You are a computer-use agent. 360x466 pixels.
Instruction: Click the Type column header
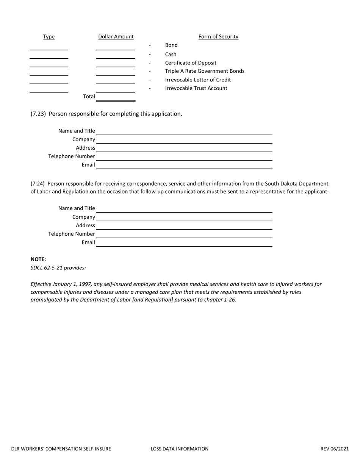tap(49, 37)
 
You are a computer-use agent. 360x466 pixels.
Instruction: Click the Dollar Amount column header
tap(116, 37)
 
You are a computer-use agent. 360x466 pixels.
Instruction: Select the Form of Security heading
tap(218, 37)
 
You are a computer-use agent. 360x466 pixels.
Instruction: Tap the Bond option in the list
tap(171, 45)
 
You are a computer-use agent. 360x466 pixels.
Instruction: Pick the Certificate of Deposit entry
tap(191, 63)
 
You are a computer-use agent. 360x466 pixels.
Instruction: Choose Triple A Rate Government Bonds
tap(205, 71)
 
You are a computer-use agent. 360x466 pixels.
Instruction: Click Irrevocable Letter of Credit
tap(198, 80)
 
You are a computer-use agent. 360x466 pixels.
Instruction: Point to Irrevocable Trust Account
tap(196, 88)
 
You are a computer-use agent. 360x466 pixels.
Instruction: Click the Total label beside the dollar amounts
tap(89, 96)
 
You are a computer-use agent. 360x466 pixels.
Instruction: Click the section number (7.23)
tap(38, 114)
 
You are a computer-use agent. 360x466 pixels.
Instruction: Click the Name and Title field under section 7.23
tap(184, 131)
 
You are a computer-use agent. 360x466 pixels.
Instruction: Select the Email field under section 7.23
tap(184, 165)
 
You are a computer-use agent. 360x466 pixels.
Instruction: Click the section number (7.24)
tap(38, 183)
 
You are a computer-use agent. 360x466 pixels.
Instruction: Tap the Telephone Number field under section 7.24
tap(184, 234)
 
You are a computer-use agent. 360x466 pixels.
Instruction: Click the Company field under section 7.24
tap(184, 217)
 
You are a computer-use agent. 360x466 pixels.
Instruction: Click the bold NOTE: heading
tap(38, 260)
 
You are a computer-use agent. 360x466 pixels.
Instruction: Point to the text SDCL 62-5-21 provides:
tap(58, 268)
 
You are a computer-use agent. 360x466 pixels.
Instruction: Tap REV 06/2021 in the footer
tap(334, 449)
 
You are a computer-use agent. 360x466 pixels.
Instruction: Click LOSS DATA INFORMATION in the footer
tap(180, 449)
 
